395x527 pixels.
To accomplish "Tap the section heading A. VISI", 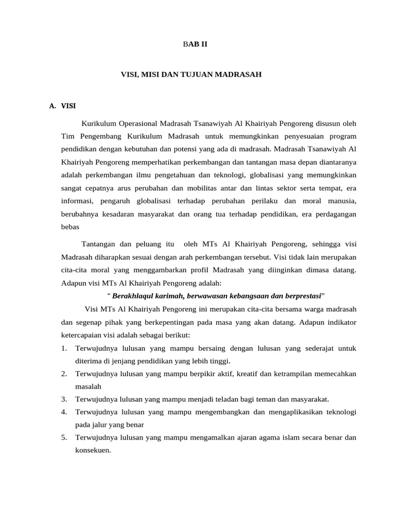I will (62, 107).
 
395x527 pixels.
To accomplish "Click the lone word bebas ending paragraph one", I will (70, 226).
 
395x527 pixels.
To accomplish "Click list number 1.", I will (64, 348).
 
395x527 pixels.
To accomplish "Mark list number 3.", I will (64, 399).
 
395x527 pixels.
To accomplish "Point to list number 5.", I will (64, 438).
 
